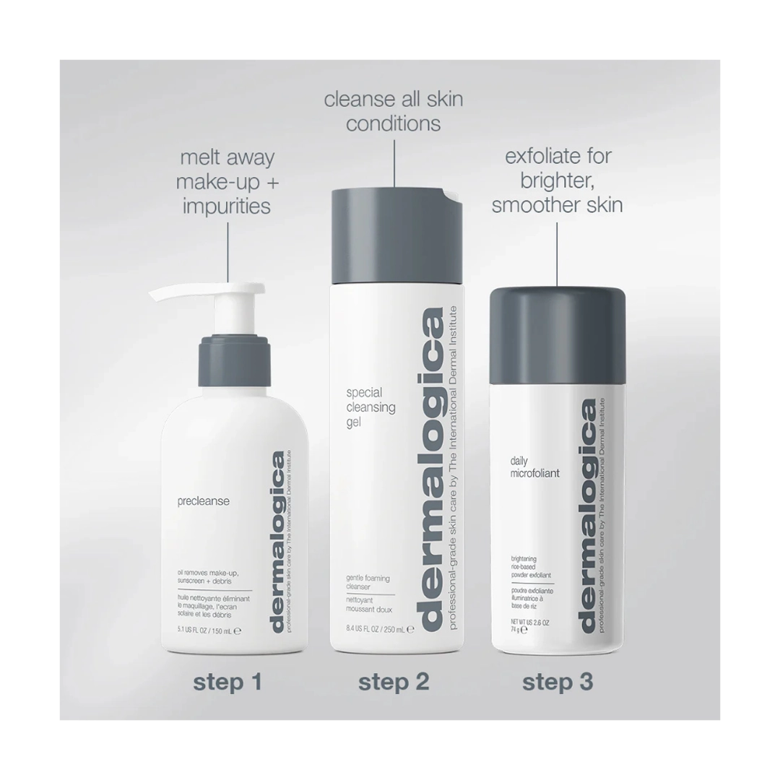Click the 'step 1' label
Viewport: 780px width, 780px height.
click(x=227, y=681)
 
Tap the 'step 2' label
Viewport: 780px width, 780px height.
click(x=394, y=681)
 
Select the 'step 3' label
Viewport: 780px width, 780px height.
click(x=558, y=681)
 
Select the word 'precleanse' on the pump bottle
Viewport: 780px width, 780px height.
click(x=203, y=501)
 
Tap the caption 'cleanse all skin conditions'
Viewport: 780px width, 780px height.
click(x=394, y=110)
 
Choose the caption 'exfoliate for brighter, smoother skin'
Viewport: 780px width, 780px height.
click(x=557, y=181)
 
